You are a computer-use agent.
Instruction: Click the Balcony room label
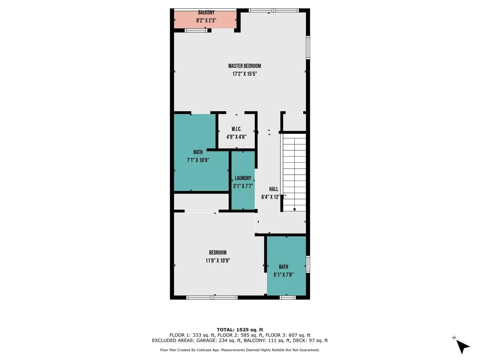tap(206, 13)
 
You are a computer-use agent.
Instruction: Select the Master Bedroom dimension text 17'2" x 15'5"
tap(244, 74)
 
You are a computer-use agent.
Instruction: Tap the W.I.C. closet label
tap(236, 129)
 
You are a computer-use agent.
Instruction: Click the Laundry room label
tap(243, 178)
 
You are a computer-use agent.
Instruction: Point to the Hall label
tap(273, 189)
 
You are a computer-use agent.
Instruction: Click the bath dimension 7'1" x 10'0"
tap(198, 160)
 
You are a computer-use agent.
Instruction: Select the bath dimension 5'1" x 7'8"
tap(283, 275)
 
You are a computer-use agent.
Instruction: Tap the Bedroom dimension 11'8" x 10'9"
tap(218, 261)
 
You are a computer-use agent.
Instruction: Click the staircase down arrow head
tap(294, 209)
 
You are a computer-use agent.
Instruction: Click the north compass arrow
tap(462, 346)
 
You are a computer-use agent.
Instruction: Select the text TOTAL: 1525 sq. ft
tap(240, 330)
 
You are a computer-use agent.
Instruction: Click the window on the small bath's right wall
tap(308, 264)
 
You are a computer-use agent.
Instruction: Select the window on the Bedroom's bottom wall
tap(212, 297)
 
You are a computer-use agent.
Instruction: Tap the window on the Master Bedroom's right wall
tap(308, 48)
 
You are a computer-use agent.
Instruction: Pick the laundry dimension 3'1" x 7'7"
tap(243, 186)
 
